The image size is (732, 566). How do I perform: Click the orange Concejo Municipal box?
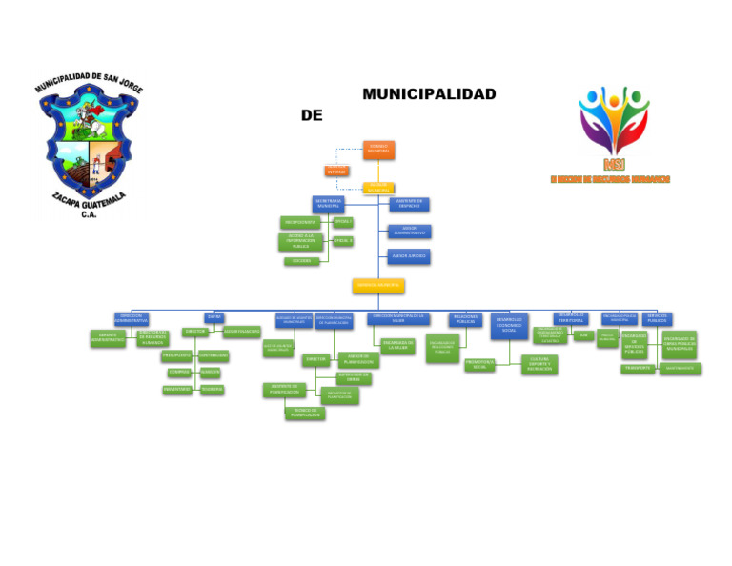(x=378, y=151)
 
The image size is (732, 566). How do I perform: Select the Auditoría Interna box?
(x=337, y=172)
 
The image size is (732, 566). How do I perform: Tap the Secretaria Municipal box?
(x=328, y=204)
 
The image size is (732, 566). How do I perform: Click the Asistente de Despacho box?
(x=409, y=204)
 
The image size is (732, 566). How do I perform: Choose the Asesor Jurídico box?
(x=409, y=256)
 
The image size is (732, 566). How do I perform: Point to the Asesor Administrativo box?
(x=409, y=232)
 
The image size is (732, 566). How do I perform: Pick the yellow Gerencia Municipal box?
(x=378, y=286)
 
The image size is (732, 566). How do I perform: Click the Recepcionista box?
(x=300, y=222)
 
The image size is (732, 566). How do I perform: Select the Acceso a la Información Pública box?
(x=300, y=242)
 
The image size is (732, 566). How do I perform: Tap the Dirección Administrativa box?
(x=131, y=318)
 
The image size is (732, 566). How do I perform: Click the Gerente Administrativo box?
(x=108, y=337)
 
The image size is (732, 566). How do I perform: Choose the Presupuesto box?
(x=177, y=355)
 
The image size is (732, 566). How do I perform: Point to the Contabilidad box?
(x=213, y=355)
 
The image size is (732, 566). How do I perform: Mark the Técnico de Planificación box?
(x=304, y=413)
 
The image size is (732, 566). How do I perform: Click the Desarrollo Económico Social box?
(x=509, y=326)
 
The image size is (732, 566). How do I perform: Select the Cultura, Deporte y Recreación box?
(x=539, y=364)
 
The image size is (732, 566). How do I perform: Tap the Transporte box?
(x=638, y=368)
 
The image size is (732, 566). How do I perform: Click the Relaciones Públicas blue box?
(x=465, y=320)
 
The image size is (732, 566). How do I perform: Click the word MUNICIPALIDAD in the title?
(x=429, y=94)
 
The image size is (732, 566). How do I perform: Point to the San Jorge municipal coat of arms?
(x=88, y=143)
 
